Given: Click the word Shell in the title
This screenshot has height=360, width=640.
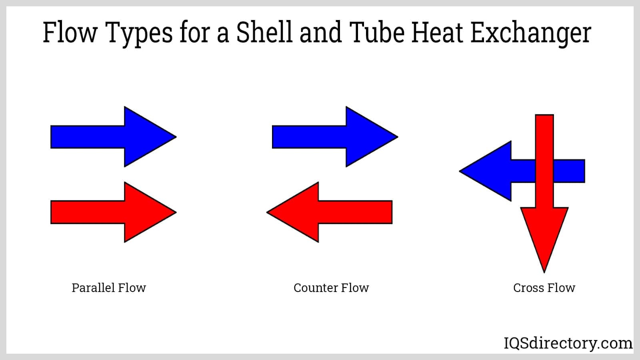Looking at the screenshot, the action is click(x=264, y=32).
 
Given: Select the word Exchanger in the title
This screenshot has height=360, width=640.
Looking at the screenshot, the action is click(x=530, y=34).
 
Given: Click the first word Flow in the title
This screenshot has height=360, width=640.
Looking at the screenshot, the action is click(x=70, y=32).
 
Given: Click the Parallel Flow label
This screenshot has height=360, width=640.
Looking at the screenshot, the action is click(x=109, y=288).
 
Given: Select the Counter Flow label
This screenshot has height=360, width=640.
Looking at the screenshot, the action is click(x=331, y=288).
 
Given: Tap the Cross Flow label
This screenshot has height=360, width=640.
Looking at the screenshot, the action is click(x=544, y=288).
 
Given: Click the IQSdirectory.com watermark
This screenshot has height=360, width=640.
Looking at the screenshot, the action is click(x=568, y=343).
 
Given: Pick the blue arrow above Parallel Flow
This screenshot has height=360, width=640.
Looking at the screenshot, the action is click(x=114, y=136).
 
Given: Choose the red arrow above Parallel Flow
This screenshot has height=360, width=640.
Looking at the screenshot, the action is click(x=114, y=212).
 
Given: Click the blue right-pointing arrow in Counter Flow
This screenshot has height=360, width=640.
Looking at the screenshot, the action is click(x=335, y=136).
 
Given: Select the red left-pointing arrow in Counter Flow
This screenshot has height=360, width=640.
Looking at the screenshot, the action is click(x=329, y=212).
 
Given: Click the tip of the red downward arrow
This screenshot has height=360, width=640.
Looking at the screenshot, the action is click(x=544, y=273).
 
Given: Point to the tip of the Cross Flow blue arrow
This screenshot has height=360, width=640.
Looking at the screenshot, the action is click(x=460, y=171).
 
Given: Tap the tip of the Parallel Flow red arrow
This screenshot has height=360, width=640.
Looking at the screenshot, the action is click(x=176, y=212).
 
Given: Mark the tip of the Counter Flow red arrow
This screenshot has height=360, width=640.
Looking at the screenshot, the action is click(x=267, y=212).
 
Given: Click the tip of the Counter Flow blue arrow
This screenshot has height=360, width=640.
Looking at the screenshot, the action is click(x=398, y=136).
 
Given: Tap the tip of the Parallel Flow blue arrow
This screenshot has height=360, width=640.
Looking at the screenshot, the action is click(x=176, y=136).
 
